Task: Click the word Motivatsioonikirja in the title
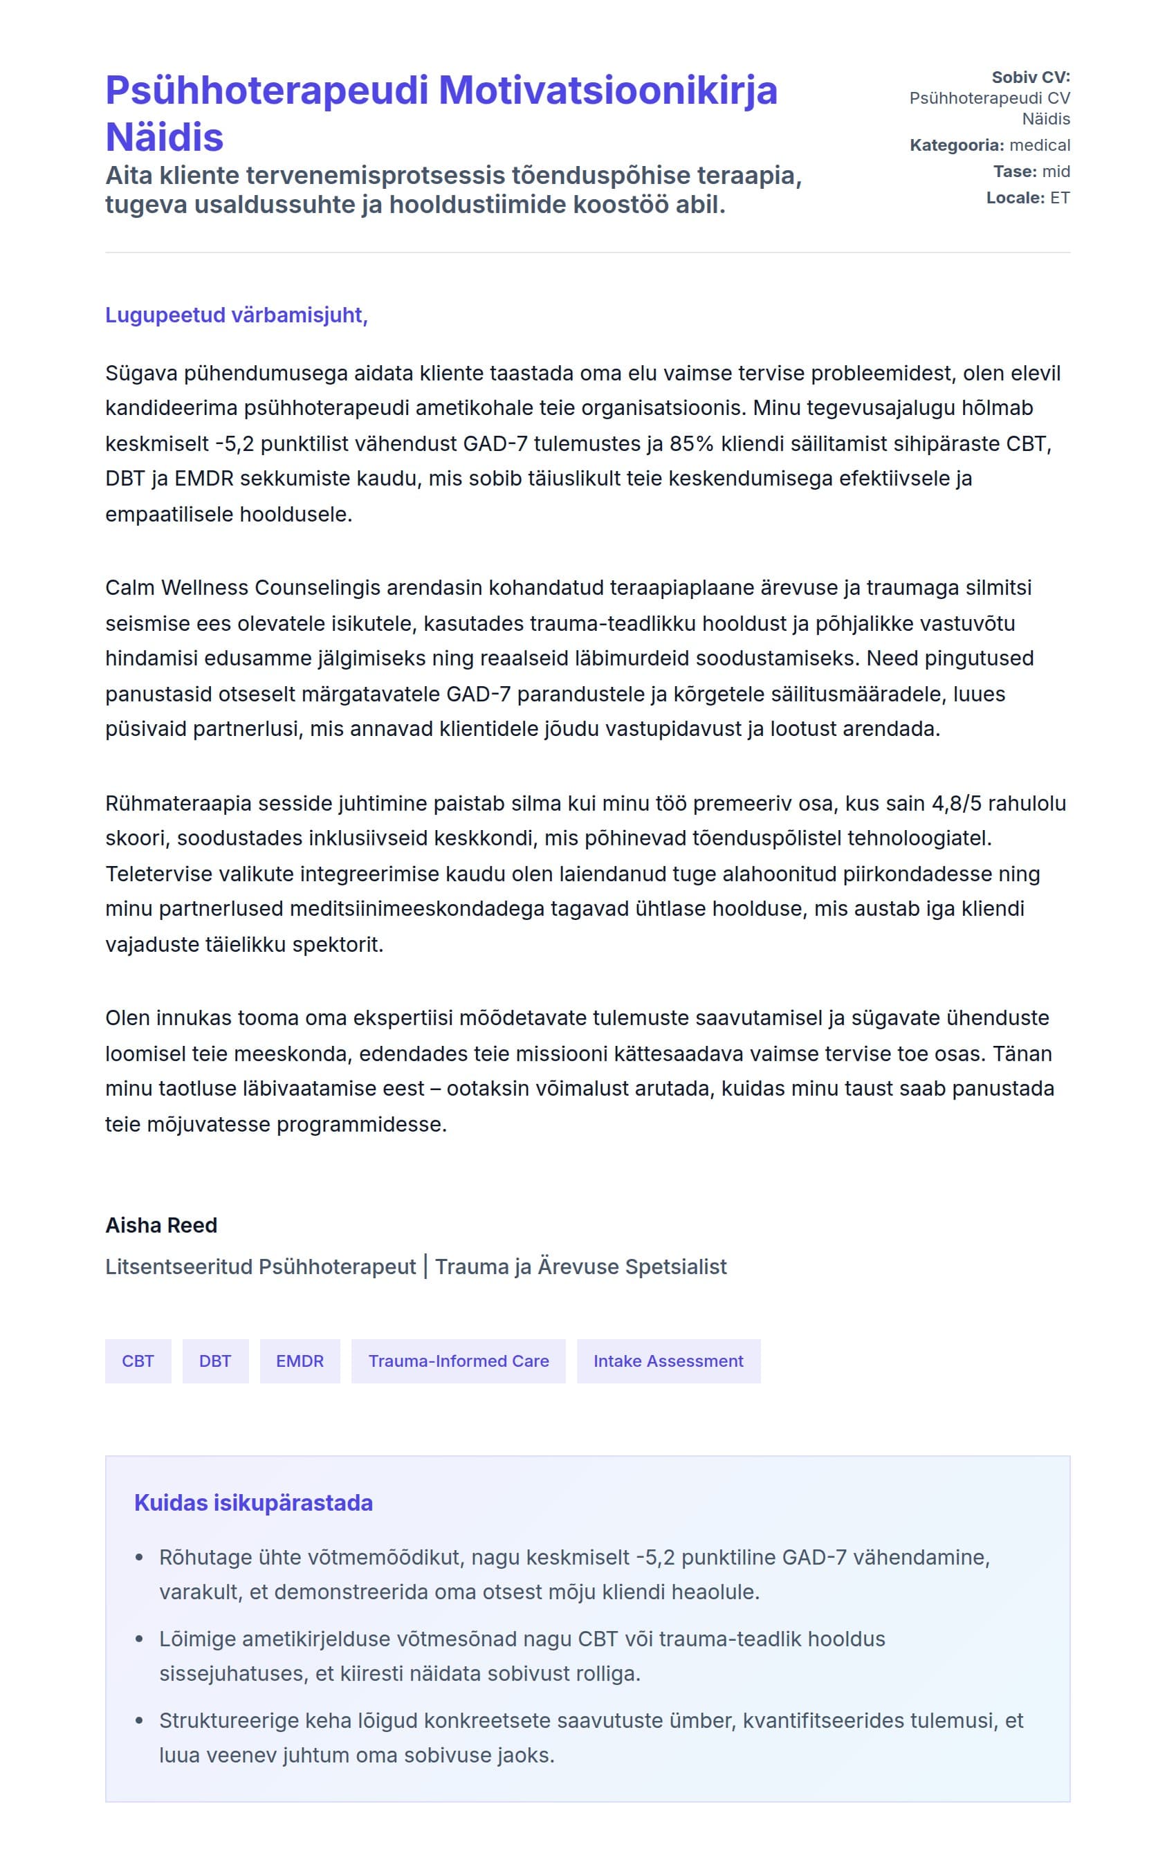click(608, 90)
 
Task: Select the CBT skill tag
click(138, 1361)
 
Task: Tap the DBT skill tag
click(215, 1361)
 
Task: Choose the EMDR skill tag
click(300, 1361)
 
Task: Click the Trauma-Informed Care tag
click(458, 1361)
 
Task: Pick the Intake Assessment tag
click(668, 1361)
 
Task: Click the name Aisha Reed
click(160, 1225)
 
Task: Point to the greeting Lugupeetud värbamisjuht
click(236, 315)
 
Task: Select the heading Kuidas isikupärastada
click(253, 1502)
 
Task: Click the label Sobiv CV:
click(1030, 77)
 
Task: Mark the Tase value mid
click(1056, 172)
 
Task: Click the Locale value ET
click(1060, 198)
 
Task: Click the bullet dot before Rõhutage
click(140, 1558)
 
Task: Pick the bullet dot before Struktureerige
click(140, 1721)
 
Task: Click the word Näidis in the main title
click(165, 138)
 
